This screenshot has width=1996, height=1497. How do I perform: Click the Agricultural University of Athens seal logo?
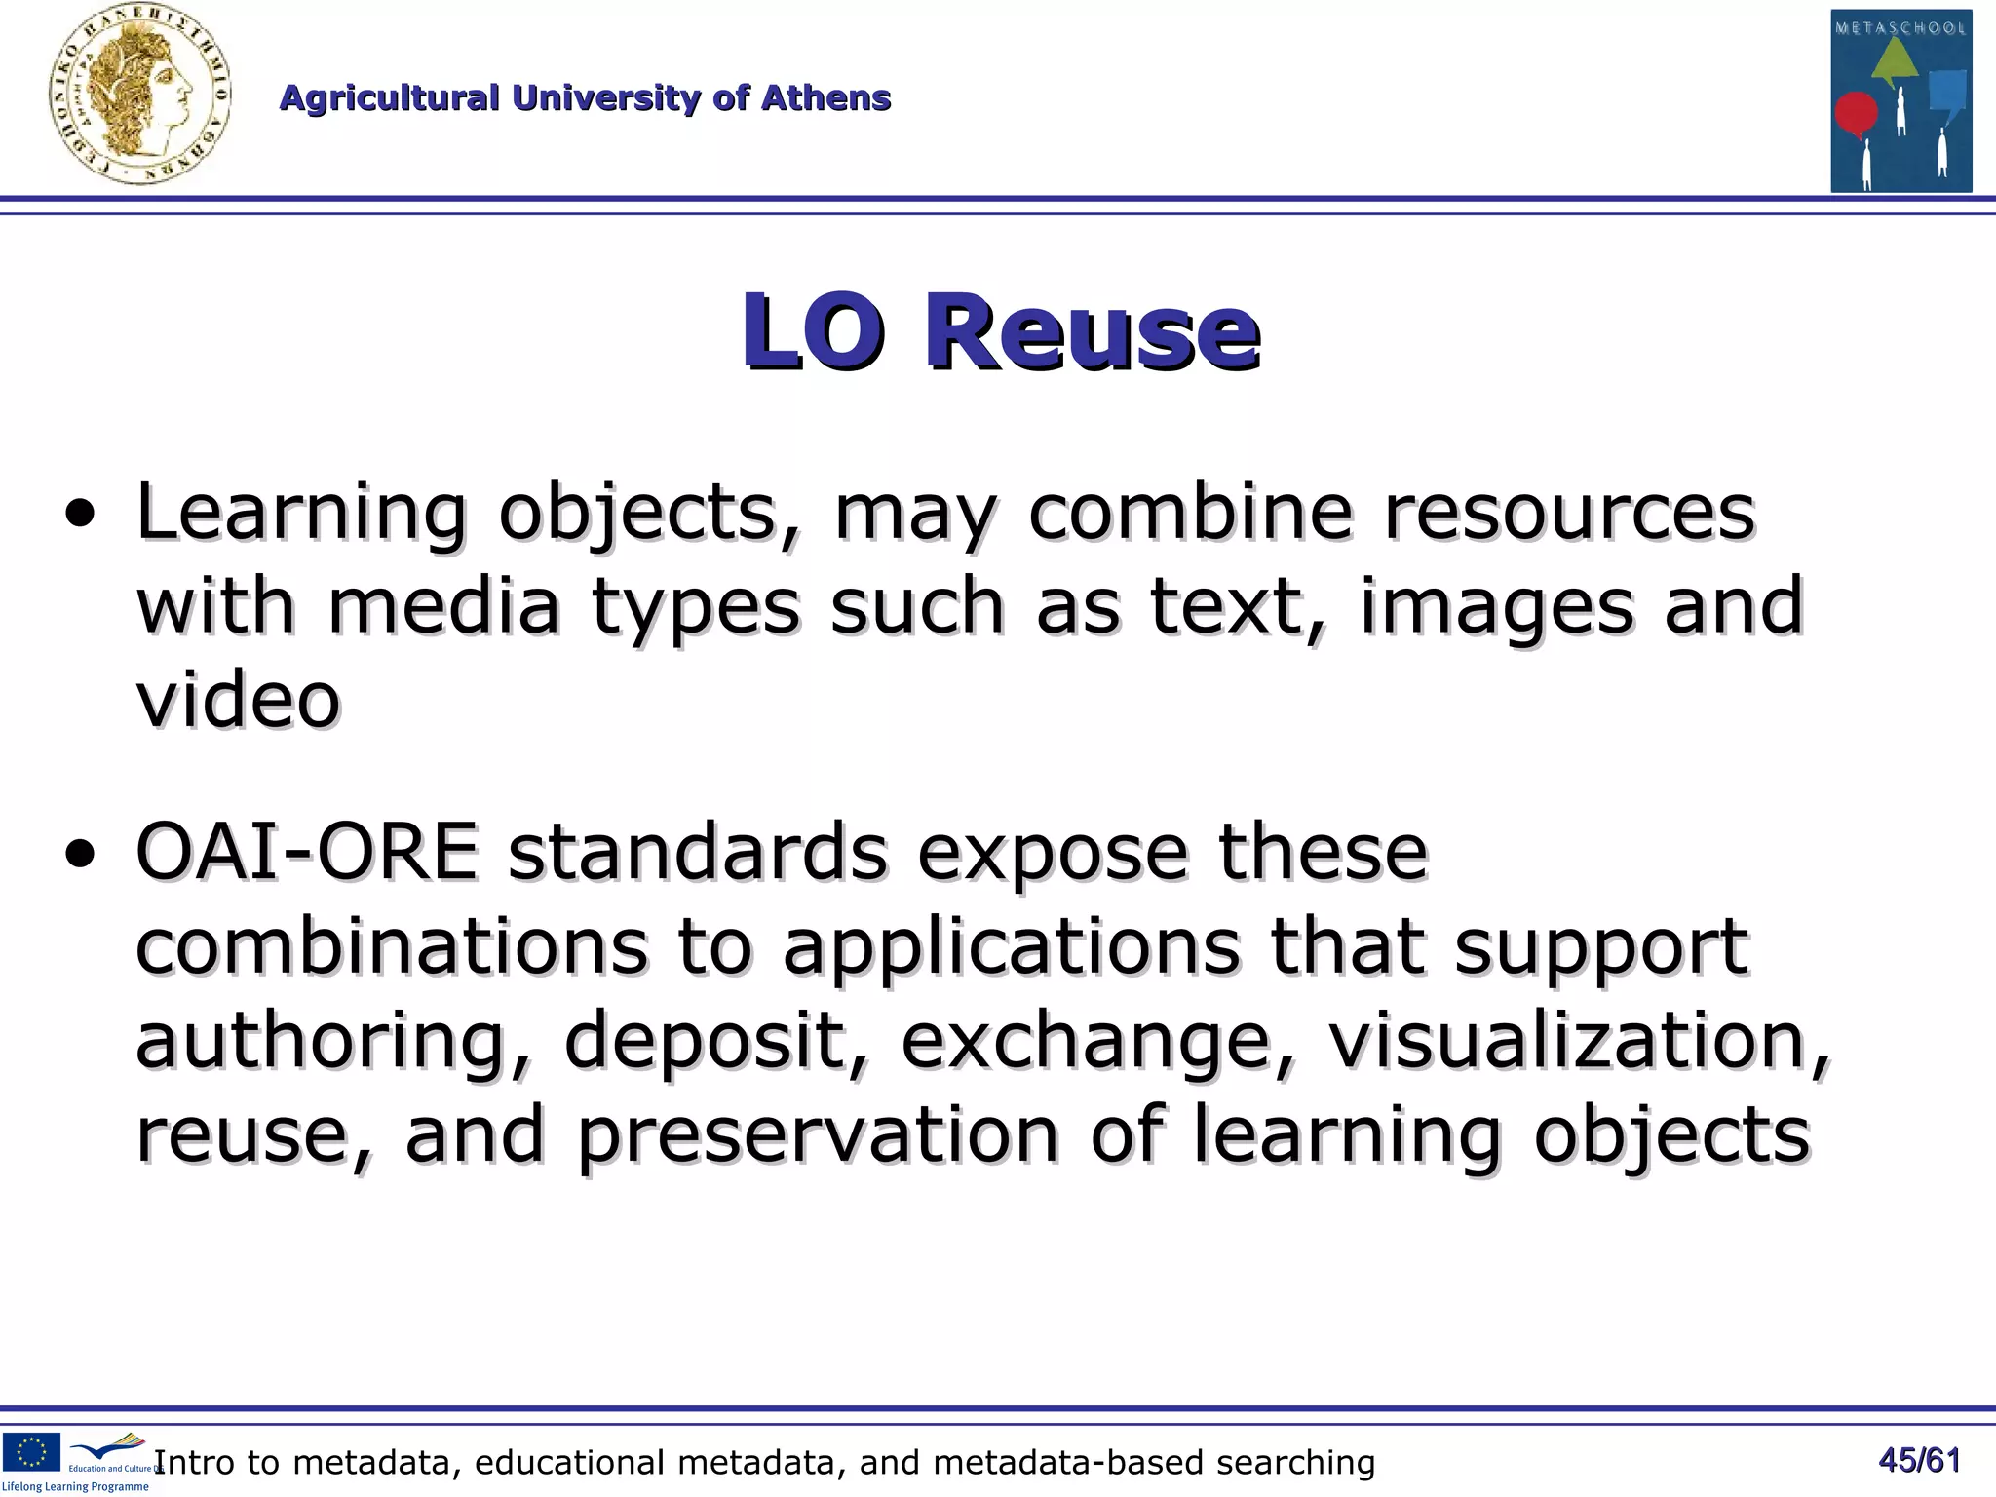coord(139,95)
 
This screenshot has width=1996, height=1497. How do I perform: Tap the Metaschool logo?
coord(1900,100)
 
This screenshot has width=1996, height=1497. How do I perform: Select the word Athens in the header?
coord(825,98)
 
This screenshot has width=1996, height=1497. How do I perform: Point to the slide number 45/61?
coord(1919,1460)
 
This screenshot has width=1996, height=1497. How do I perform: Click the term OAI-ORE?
coord(307,852)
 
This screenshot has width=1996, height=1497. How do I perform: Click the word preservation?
coord(817,1134)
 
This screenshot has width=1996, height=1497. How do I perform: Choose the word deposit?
coord(704,1040)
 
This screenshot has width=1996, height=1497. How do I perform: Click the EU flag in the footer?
coord(32,1450)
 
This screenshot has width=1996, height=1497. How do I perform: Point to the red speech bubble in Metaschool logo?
coord(1856,114)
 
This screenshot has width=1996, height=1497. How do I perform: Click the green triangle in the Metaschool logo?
coord(1895,69)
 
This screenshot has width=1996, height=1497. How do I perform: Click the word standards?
coord(697,852)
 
